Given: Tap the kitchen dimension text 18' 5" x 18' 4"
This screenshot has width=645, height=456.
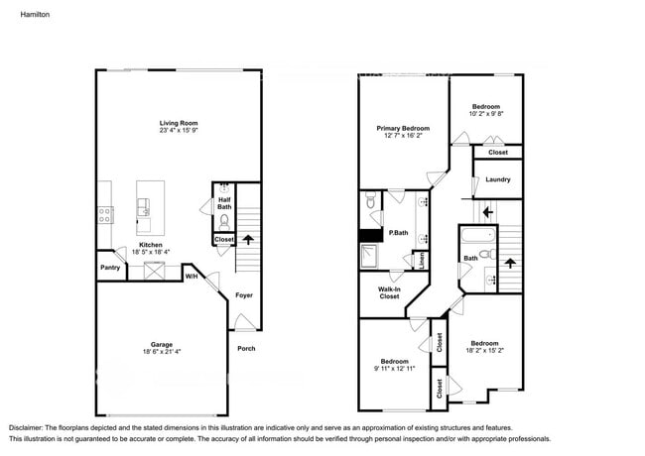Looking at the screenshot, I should click(150, 253).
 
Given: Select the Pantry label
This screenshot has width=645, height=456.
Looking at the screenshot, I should click(110, 268).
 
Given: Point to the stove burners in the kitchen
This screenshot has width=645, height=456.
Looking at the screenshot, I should click(104, 211).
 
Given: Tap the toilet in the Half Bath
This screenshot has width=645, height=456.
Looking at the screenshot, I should click(224, 220).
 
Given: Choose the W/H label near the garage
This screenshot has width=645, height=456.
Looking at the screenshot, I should click(192, 277).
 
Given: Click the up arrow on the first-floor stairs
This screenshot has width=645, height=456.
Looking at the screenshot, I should click(247, 239).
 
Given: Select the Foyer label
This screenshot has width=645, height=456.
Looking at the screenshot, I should click(244, 295).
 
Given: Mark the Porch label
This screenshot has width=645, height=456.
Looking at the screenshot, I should click(246, 348).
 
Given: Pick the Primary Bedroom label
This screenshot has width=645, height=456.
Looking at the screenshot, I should click(403, 129).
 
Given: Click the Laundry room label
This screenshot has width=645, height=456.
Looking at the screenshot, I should click(498, 179).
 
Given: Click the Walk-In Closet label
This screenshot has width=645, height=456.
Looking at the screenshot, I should click(389, 292).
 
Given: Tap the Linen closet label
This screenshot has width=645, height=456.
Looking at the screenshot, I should click(422, 261).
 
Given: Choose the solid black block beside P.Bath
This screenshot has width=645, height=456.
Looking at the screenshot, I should click(370, 236).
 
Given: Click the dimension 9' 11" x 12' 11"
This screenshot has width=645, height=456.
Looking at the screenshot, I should click(395, 368).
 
